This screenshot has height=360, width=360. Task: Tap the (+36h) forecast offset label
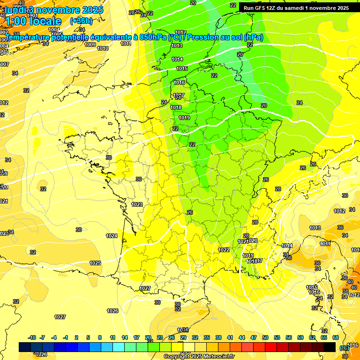81,21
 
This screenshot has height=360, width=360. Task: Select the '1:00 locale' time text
33,21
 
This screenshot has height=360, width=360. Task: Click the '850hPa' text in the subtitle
152,37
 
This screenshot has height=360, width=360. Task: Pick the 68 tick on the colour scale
336,337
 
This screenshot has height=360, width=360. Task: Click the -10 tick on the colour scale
32,337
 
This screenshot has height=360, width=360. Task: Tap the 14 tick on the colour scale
125,337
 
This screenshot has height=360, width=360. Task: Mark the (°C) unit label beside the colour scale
345,348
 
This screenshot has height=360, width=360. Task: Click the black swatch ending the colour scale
330,347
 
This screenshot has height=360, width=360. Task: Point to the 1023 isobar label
137,204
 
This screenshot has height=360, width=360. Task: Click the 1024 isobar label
112,236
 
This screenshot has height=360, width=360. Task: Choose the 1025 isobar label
96,263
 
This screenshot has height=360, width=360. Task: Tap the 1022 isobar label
224,250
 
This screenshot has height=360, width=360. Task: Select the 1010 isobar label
103,48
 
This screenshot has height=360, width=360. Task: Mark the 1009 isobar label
90,45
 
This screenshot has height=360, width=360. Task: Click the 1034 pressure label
182,330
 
